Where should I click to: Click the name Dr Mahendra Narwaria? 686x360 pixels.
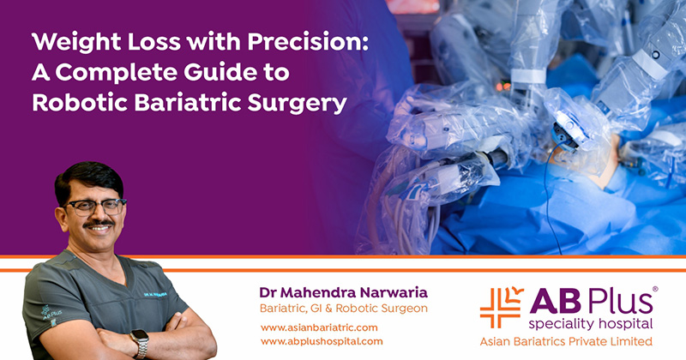coord(343,291)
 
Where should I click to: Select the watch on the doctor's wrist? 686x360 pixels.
coord(140,341)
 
